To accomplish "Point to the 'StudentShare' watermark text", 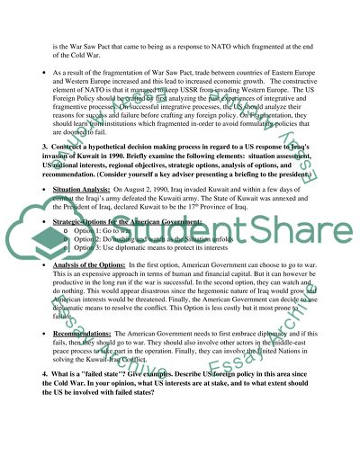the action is click(x=216, y=240).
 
